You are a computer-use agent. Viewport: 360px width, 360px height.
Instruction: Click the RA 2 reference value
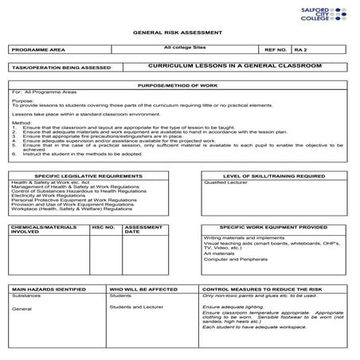pos(300,49)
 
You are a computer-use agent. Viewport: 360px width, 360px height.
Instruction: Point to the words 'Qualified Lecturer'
pos(225,182)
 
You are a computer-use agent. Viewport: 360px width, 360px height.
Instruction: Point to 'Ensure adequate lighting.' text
pos(233,306)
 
